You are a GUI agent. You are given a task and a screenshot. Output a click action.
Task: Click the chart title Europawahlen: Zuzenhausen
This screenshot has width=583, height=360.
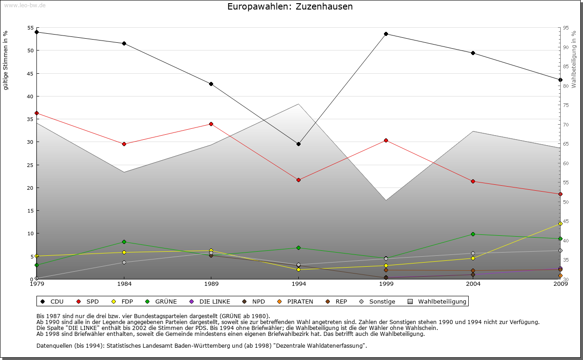click(290, 7)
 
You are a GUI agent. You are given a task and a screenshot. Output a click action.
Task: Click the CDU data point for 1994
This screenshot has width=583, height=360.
click(298, 144)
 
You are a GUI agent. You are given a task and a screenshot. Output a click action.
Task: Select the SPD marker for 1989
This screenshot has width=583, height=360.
click(211, 124)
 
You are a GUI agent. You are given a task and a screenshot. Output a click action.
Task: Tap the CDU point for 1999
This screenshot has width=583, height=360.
click(386, 34)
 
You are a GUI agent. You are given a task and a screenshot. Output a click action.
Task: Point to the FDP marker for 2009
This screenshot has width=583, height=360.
click(560, 223)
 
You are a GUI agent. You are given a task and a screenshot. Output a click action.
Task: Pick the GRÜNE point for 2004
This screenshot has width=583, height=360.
click(473, 234)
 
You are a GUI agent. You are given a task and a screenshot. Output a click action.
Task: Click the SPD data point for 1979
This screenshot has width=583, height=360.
click(36, 113)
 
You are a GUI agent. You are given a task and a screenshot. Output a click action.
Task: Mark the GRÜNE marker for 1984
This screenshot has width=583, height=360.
click(124, 242)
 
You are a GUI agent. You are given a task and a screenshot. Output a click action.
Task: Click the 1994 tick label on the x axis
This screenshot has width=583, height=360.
click(299, 284)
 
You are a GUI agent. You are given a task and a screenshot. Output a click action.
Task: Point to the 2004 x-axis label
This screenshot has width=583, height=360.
click(473, 284)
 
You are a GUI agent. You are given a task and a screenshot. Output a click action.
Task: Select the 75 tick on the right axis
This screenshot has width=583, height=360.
click(565, 105)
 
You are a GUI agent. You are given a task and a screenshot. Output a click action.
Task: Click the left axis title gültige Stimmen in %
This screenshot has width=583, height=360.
click(6, 60)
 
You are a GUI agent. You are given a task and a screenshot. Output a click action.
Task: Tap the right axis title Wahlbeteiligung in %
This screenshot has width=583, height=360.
click(574, 59)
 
